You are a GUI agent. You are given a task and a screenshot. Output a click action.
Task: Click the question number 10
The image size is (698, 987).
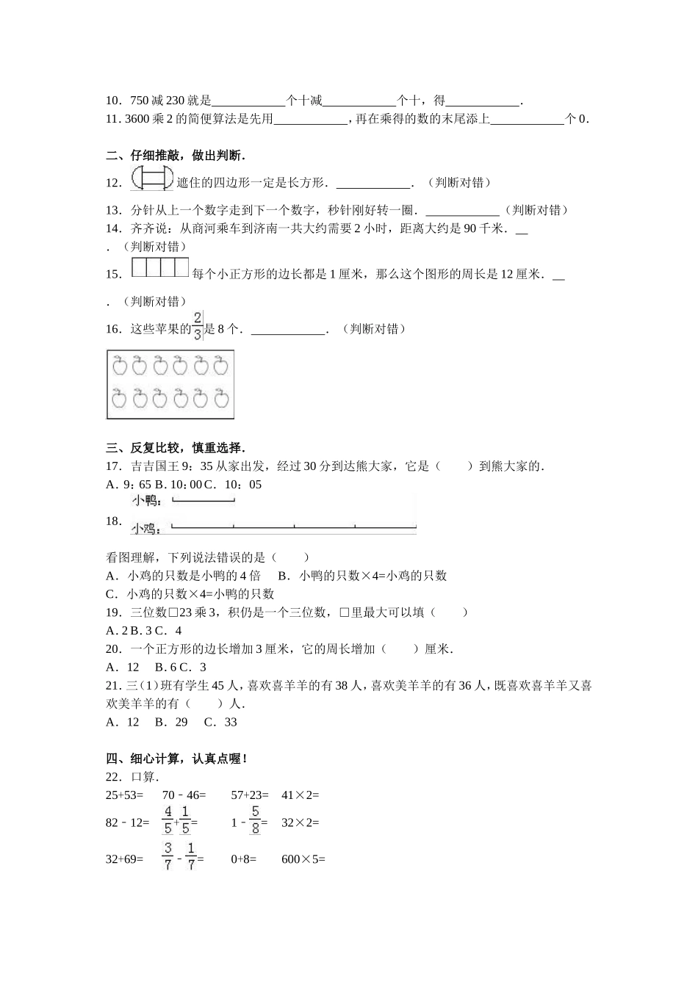pos(114,101)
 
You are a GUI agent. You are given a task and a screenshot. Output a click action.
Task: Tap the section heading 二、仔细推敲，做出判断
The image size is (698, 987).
pos(176,155)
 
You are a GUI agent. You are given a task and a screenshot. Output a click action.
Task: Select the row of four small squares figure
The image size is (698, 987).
pos(159,268)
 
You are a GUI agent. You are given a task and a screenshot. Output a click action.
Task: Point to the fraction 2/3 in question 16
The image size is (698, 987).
pos(198,326)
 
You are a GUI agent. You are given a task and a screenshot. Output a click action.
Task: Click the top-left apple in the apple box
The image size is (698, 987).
pos(120,366)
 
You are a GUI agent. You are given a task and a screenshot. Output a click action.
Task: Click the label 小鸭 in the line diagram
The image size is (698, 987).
pos(146,501)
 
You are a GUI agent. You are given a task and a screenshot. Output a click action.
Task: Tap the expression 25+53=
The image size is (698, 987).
pos(125,795)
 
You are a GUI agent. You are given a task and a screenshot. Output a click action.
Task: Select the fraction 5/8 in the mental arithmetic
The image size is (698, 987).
pos(255,822)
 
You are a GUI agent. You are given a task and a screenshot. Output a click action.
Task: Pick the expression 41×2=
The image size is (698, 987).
pos(301,795)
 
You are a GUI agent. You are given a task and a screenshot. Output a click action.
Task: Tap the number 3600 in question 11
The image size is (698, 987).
pos(137,119)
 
